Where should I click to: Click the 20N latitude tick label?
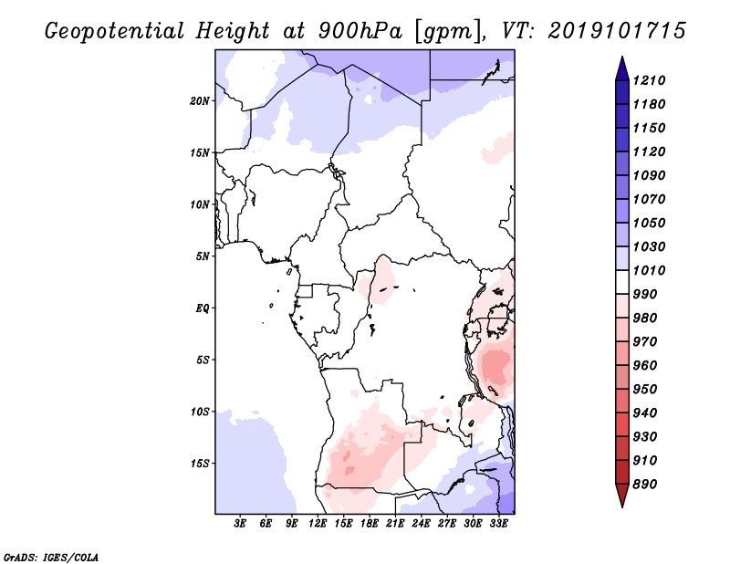click(200, 100)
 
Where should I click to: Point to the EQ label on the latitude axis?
click(203, 308)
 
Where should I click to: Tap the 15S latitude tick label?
click(200, 463)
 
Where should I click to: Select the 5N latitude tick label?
click(203, 256)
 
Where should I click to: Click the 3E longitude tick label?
click(241, 524)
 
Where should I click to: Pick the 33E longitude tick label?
click(498, 524)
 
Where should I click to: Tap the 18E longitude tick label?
click(370, 524)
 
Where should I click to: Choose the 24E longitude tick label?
click(421, 524)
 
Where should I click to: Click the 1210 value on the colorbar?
click(652, 80)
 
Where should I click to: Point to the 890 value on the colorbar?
click(648, 484)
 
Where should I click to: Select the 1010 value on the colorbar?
click(652, 270)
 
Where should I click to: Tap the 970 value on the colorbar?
click(648, 341)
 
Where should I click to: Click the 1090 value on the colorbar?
click(652, 175)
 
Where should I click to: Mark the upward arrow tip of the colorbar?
click(620, 58)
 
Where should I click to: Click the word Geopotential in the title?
click(115, 30)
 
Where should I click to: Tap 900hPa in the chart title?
click(352, 30)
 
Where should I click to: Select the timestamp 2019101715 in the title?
click(617, 30)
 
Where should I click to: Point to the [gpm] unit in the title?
click(444, 30)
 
